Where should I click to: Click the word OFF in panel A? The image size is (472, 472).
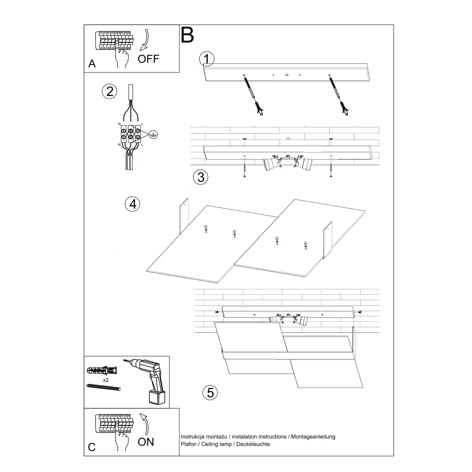click(x=148, y=59)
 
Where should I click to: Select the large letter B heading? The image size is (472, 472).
click(x=188, y=35)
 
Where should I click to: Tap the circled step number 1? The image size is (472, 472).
click(x=207, y=59)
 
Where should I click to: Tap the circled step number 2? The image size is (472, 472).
click(x=109, y=91)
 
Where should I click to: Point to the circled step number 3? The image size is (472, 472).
click(x=201, y=177)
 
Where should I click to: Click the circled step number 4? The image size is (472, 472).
click(x=133, y=204)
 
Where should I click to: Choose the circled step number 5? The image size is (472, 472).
click(x=210, y=392)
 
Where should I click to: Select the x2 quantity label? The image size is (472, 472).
click(x=106, y=380)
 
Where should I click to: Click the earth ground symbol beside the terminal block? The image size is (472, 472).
click(x=155, y=136)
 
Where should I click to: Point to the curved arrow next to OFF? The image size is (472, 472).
click(x=144, y=40)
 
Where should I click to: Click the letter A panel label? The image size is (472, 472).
click(x=92, y=64)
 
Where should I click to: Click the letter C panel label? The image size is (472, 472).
click(x=92, y=447)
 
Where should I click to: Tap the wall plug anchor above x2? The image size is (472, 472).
click(x=101, y=371)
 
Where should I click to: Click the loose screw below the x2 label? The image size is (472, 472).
click(x=103, y=387)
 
